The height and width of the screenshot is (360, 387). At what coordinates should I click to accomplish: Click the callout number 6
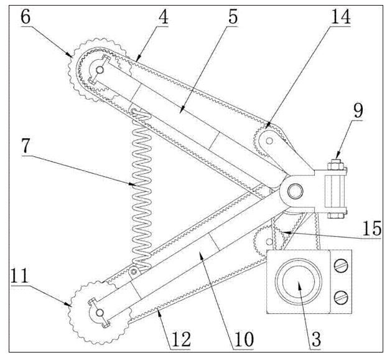[26, 17]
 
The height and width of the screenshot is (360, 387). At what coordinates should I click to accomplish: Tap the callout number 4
[163, 17]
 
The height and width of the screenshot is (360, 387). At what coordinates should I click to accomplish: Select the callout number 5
[233, 17]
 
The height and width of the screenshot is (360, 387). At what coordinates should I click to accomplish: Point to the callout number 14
[340, 17]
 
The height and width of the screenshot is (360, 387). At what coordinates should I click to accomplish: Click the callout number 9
[358, 111]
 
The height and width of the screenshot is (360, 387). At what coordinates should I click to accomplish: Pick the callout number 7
[26, 146]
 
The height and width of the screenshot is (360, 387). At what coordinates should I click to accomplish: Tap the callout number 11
[20, 276]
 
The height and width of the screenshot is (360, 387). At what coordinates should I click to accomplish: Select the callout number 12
[182, 339]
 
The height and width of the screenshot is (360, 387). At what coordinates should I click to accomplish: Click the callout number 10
[244, 339]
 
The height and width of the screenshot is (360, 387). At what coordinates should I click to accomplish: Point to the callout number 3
[316, 339]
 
